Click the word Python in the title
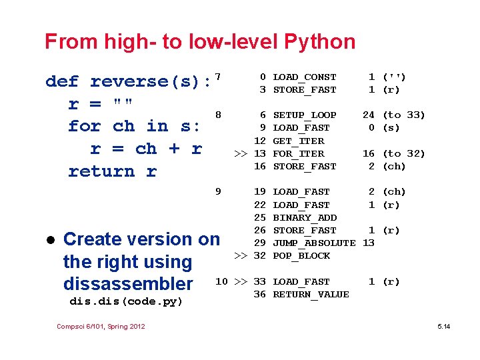point(319,42)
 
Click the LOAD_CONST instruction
point(305,77)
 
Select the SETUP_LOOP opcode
point(305,115)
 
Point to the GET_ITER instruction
point(299,141)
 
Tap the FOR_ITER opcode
point(299,154)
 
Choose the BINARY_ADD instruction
point(305,218)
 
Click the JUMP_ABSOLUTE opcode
point(314,243)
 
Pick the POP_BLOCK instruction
point(301,256)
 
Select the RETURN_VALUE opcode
point(311,295)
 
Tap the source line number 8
point(218,115)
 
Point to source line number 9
point(218,192)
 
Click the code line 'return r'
point(112,171)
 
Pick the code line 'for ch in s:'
point(134,126)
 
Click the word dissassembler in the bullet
point(128,284)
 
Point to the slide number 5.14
point(443,326)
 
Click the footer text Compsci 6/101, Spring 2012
point(101,326)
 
